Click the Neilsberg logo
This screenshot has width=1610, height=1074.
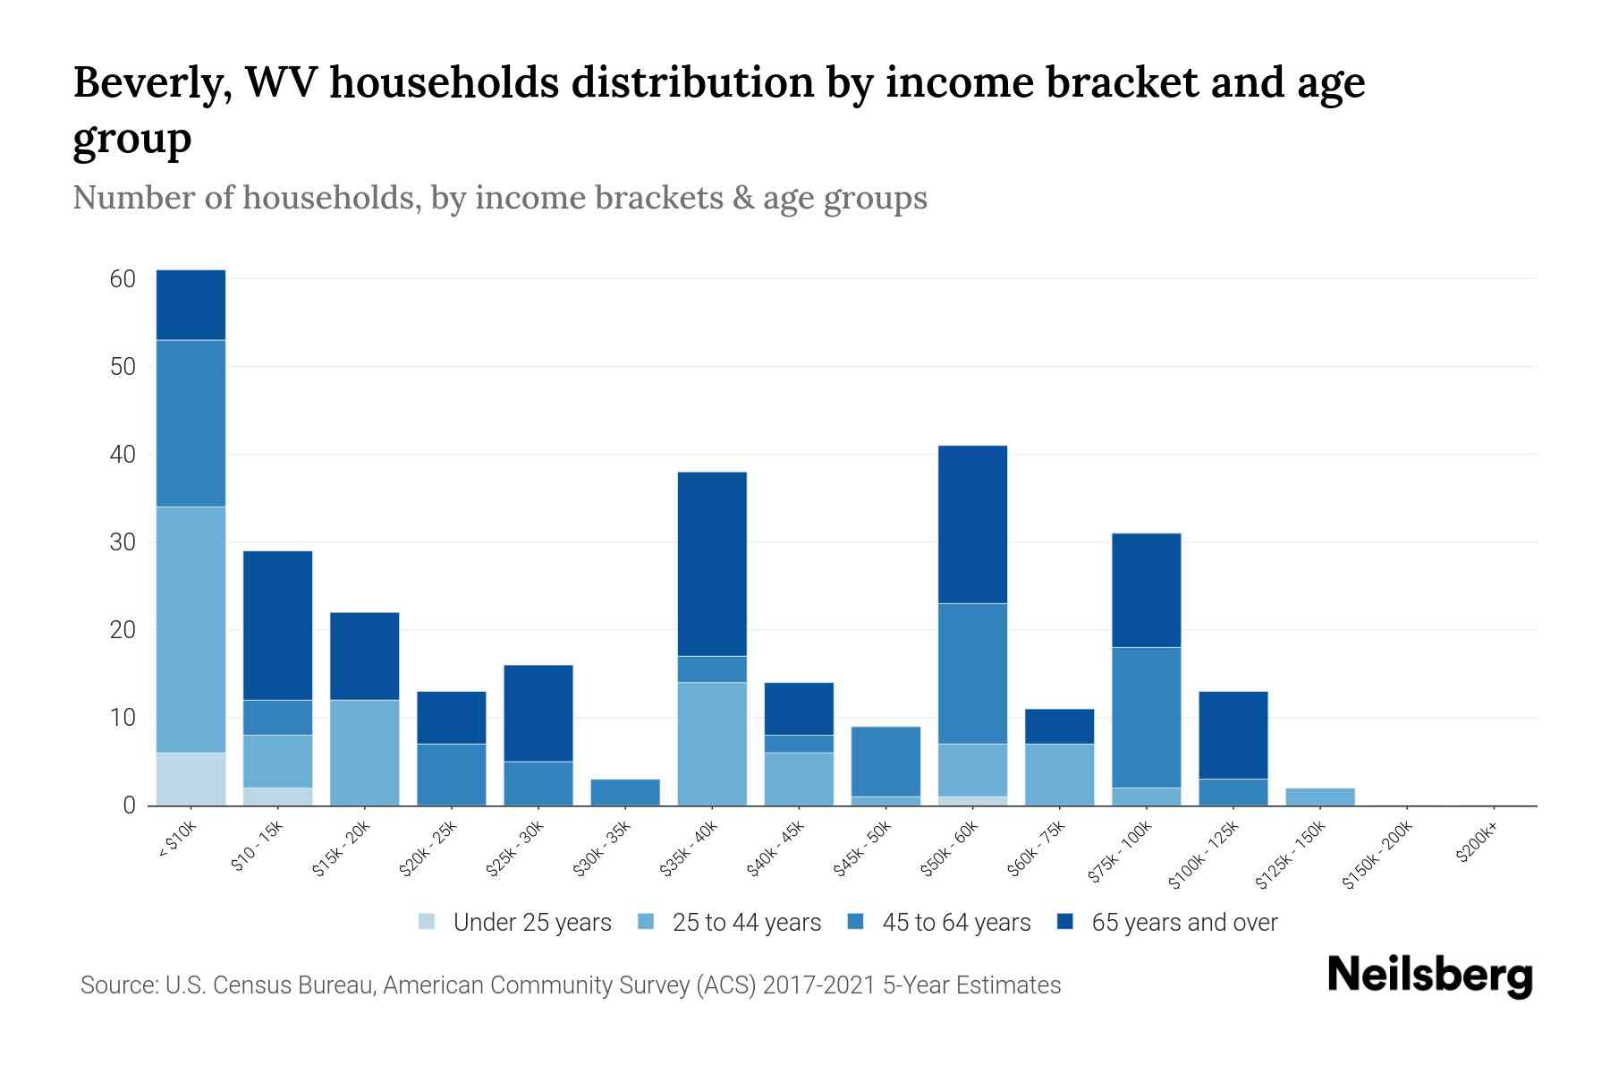tap(1429, 976)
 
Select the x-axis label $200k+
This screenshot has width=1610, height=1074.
tap(1477, 843)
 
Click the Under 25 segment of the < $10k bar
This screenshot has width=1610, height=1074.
tap(191, 779)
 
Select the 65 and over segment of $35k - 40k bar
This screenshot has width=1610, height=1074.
tap(712, 564)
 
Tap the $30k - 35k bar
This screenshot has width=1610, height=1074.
tap(625, 792)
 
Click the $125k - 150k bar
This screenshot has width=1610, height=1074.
tap(1320, 797)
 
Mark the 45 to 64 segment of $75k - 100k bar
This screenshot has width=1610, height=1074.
tap(1146, 717)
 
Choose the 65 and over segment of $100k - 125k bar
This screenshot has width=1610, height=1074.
tap(1233, 735)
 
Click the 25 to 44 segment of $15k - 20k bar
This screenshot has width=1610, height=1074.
tap(364, 752)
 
